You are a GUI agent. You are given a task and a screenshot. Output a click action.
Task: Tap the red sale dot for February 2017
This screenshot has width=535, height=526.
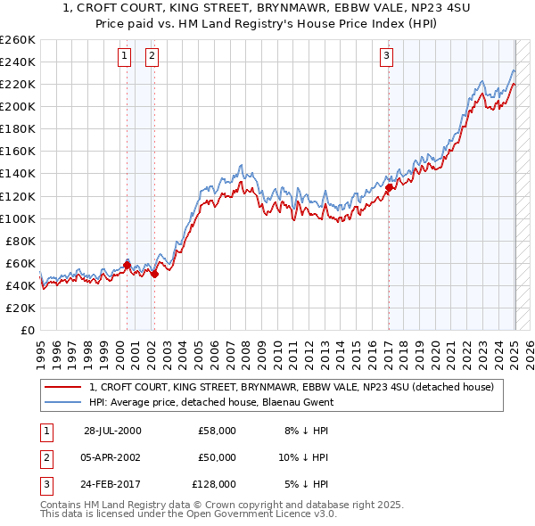(389, 187)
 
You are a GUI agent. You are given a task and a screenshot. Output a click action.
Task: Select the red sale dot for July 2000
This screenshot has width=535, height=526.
(128, 265)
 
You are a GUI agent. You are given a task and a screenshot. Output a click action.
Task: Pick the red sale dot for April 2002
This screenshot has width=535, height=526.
(154, 274)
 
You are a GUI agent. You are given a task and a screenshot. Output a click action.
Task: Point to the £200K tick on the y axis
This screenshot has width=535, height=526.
(18, 106)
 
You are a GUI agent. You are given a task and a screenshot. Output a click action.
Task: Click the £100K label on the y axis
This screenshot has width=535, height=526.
(18, 218)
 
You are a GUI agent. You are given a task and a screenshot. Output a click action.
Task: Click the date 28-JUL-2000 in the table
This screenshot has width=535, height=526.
(112, 431)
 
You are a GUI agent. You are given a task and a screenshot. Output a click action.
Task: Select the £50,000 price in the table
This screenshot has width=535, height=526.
(217, 457)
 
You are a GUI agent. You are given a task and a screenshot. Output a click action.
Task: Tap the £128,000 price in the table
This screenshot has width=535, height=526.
(214, 484)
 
